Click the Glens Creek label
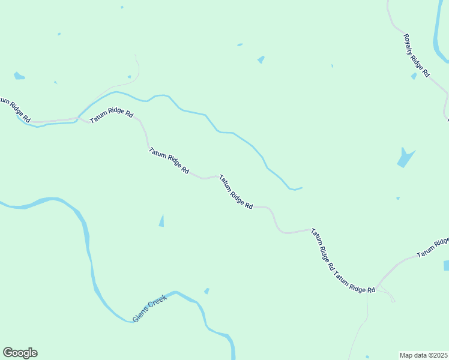149,308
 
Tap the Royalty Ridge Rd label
417,55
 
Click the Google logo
20,353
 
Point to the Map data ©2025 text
424,355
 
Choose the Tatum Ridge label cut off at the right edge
433,247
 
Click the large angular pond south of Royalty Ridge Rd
405,158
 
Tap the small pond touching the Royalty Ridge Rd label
414,76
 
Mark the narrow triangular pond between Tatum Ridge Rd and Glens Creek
161,221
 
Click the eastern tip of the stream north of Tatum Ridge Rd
301,188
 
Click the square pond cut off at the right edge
446,265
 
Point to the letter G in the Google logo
8,353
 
